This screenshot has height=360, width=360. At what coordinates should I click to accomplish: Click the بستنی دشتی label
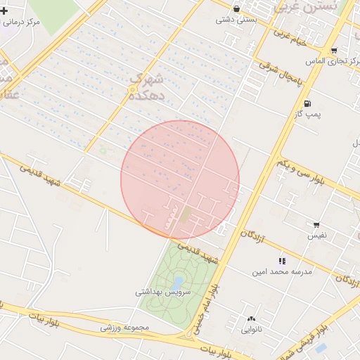[x=234, y=20]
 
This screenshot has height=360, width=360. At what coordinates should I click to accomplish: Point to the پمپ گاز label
[x=308, y=114]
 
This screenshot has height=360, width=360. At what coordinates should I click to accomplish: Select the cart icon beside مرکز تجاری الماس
[x=333, y=51]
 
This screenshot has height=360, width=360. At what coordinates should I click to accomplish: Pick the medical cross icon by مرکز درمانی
[x=4, y=11]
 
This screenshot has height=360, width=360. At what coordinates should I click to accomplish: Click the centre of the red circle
[x=180, y=180]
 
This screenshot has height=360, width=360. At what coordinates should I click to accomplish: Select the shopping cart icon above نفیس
[x=316, y=225]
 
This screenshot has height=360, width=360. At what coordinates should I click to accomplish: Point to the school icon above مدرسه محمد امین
[x=282, y=260]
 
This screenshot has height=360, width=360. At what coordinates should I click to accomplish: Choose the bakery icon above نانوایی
[x=251, y=319]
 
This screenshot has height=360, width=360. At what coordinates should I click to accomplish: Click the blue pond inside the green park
[x=179, y=283]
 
